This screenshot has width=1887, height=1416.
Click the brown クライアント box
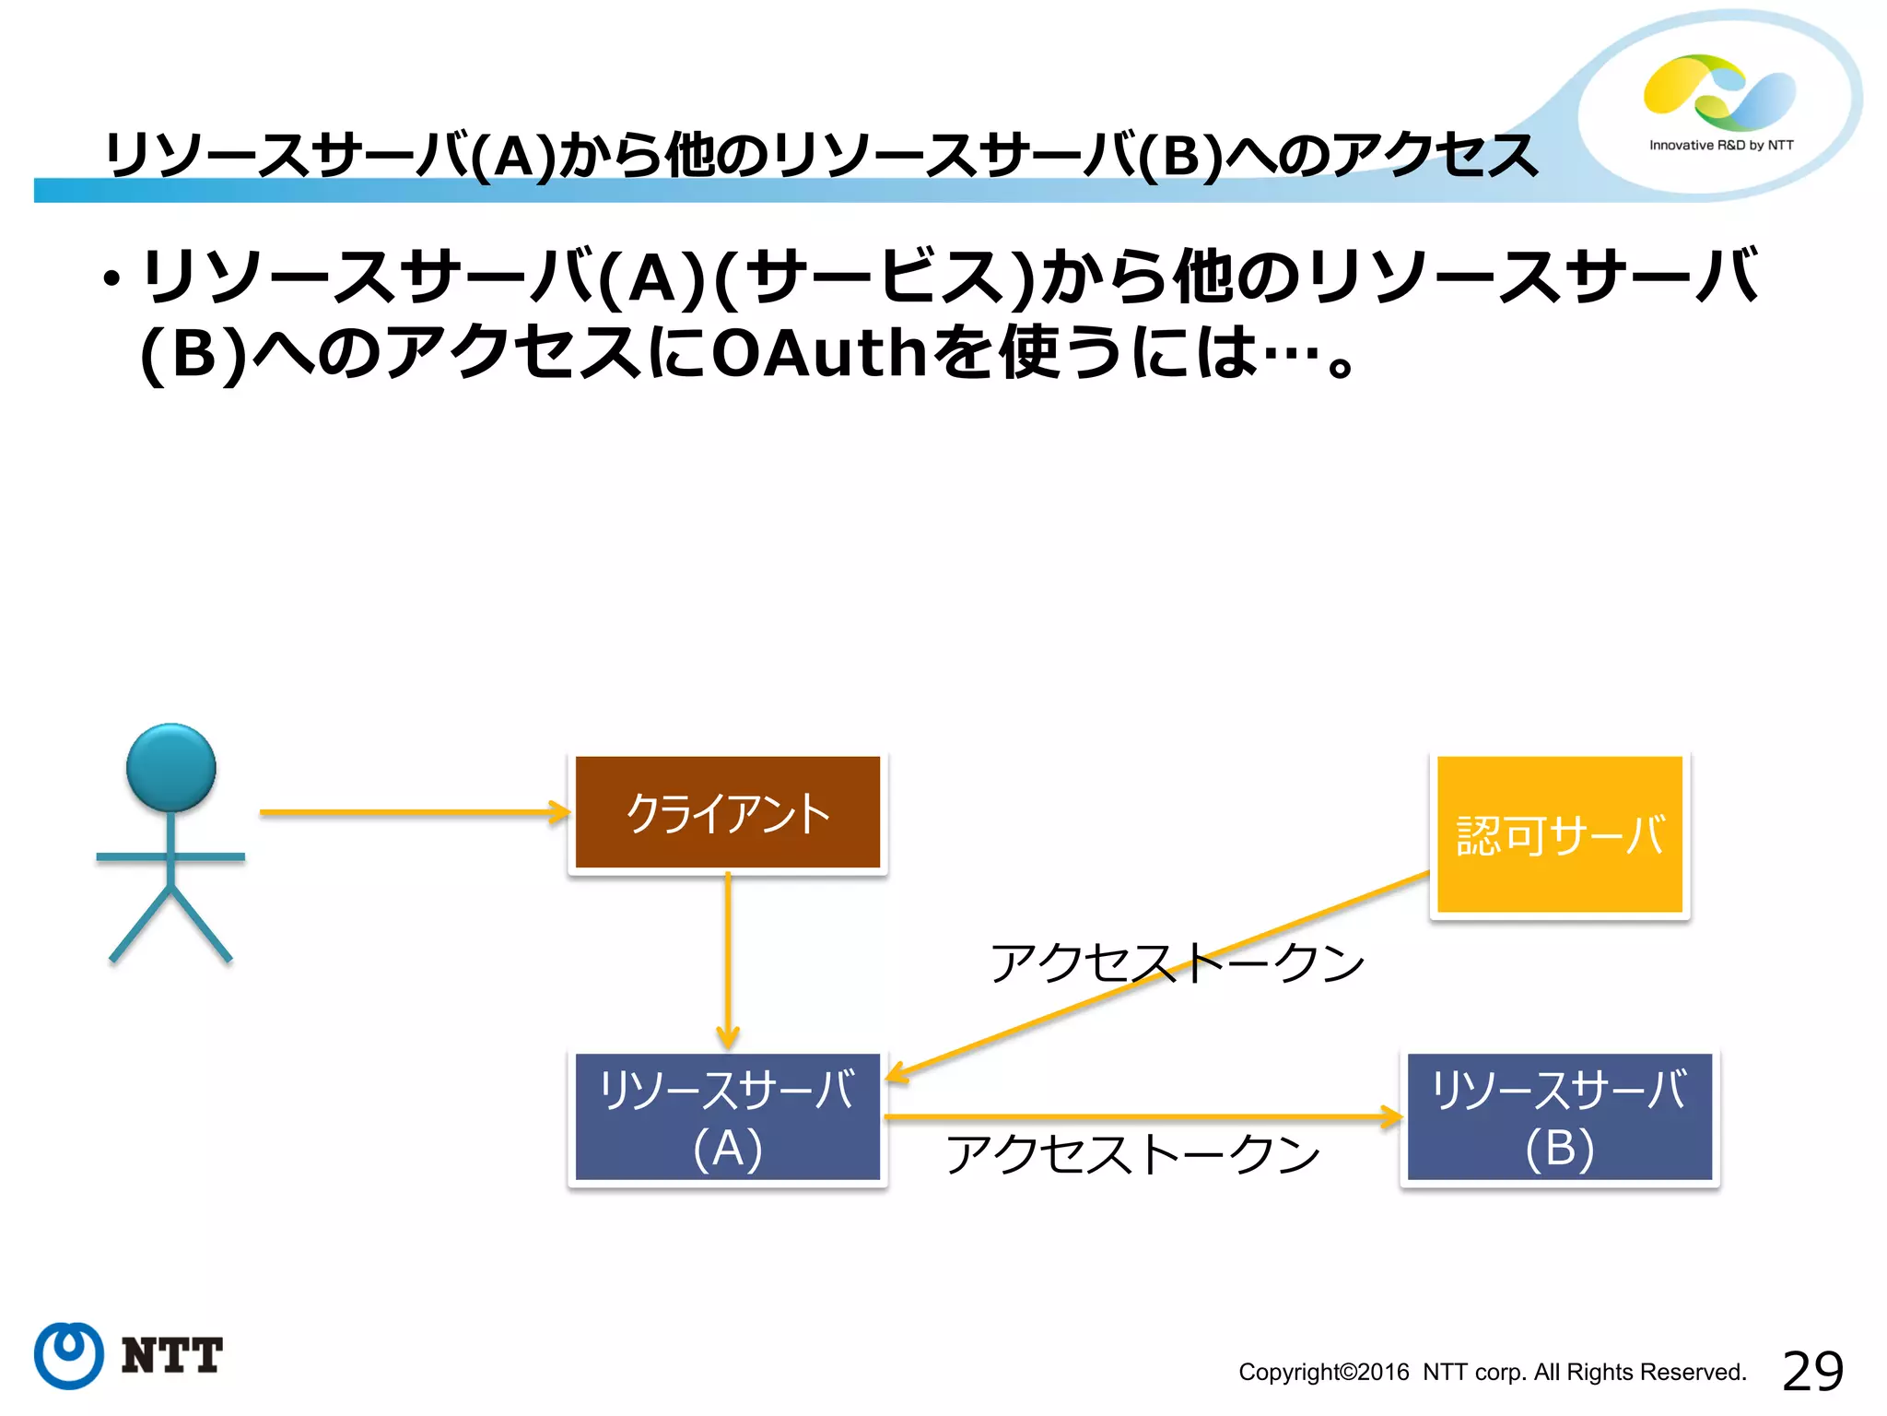pyautogui.click(x=727, y=812)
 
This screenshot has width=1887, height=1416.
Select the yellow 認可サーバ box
pyautogui.click(x=1559, y=834)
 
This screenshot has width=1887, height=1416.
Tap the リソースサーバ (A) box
pyautogui.click(x=727, y=1116)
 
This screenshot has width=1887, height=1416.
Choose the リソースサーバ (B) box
pyautogui.click(x=1559, y=1116)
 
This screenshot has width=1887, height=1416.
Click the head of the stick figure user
pyautogui.click(x=170, y=767)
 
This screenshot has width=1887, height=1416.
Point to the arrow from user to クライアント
pyautogui.click(x=415, y=812)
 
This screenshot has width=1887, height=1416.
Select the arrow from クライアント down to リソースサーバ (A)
pyautogui.click(x=727, y=959)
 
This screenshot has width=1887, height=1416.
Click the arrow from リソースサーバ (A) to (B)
pyautogui.click(x=1143, y=1117)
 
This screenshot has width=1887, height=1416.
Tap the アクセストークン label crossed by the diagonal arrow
pyautogui.click(x=1177, y=963)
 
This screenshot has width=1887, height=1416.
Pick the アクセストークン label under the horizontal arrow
pyautogui.click(x=1133, y=1155)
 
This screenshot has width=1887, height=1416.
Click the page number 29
pyautogui.click(x=1812, y=1371)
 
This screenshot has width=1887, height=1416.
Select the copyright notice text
pyautogui.click(x=1492, y=1373)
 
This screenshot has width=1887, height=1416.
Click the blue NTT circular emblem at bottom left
pyautogui.click(x=68, y=1355)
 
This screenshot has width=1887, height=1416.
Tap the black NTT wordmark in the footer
pyautogui.click(x=172, y=1356)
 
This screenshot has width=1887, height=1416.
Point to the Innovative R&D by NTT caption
pyautogui.click(x=1721, y=146)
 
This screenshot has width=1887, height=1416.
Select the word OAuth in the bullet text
pyautogui.click(x=819, y=353)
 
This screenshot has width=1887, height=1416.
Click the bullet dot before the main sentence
pyautogui.click(x=112, y=279)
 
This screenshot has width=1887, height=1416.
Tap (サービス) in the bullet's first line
pyautogui.click(x=875, y=277)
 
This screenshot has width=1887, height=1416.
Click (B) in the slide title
pyautogui.click(x=1179, y=156)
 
